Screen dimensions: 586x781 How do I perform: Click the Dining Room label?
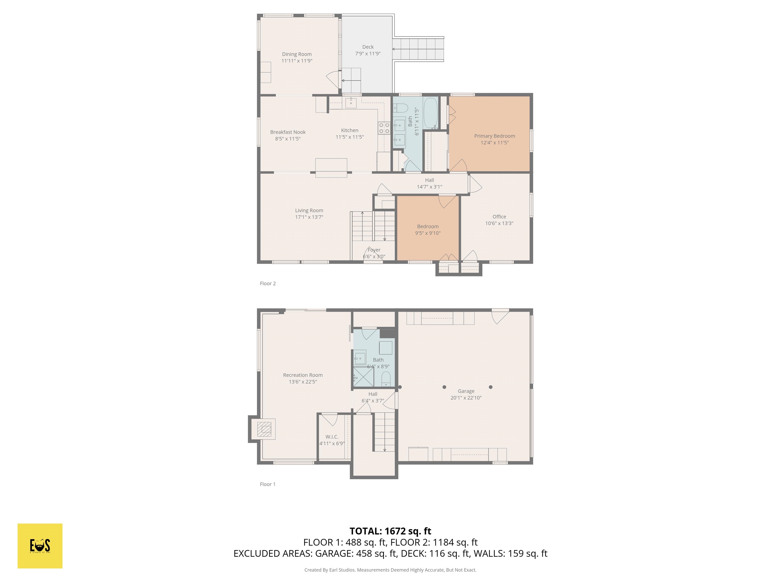click(297, 54)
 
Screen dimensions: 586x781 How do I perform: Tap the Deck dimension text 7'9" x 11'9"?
click(368, 54)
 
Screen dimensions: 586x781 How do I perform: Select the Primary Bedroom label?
click(494, 136)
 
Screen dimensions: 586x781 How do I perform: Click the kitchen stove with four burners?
click(384, 128)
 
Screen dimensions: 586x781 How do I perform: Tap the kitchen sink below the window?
click(351, 103)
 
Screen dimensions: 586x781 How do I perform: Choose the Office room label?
click(499, 216)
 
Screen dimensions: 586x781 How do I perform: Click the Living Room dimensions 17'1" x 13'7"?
click(309, 217)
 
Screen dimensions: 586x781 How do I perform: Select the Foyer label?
click(374, 250)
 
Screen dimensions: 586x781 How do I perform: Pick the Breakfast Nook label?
click(288, 132)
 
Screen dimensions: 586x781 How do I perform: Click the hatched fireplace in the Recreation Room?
click(264, 429)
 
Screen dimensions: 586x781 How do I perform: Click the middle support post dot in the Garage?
click(444, 387)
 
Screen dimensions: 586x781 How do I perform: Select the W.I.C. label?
click(332, 437)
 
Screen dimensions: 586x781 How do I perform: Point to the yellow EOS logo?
click(40, 546)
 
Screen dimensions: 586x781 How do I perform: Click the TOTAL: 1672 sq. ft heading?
click(390, 531)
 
